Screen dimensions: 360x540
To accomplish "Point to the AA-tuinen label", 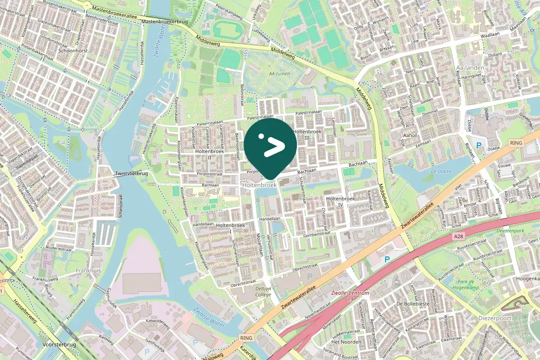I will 279,73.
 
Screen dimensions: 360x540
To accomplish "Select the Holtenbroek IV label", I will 340,201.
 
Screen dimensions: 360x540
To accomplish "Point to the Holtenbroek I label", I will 230,228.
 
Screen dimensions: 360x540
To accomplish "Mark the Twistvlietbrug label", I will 131,174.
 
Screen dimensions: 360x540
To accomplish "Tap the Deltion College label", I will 263,291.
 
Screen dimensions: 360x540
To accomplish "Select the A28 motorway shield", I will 459,237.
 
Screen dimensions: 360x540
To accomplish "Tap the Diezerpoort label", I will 496,319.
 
